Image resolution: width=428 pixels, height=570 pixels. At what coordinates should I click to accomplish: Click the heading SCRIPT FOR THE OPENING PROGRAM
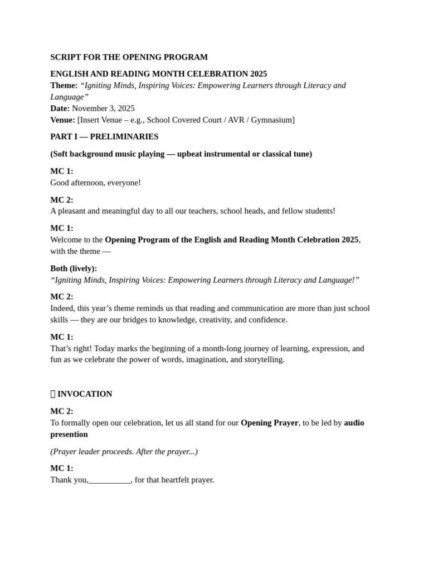point(129,57)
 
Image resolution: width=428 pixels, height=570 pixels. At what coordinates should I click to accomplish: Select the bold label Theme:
point(64,86)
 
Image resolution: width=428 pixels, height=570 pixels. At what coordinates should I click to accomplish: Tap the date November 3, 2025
point(103,109)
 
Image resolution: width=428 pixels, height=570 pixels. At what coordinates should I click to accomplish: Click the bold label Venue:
point(62,120)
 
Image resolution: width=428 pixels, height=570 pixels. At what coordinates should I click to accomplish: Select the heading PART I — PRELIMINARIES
point(104,137)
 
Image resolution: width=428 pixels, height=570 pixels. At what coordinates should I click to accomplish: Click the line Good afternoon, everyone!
point(95,183)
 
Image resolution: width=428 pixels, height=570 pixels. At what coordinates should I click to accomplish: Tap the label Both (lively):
point(74,269)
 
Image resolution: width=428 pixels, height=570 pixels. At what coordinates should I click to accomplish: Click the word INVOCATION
point(85,394)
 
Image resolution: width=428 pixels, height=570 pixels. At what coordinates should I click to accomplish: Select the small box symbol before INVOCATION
point(53,394)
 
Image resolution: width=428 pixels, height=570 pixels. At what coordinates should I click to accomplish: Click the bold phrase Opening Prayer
point(269,423)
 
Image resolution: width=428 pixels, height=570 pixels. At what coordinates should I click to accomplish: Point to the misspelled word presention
point(69,435)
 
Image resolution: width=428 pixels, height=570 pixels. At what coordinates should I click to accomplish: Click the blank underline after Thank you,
point(109,480)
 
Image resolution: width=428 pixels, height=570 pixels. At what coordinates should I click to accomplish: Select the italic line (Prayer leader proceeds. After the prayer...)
point(124,452)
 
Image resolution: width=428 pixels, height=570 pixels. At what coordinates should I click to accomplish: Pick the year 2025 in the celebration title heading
point(259,74)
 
